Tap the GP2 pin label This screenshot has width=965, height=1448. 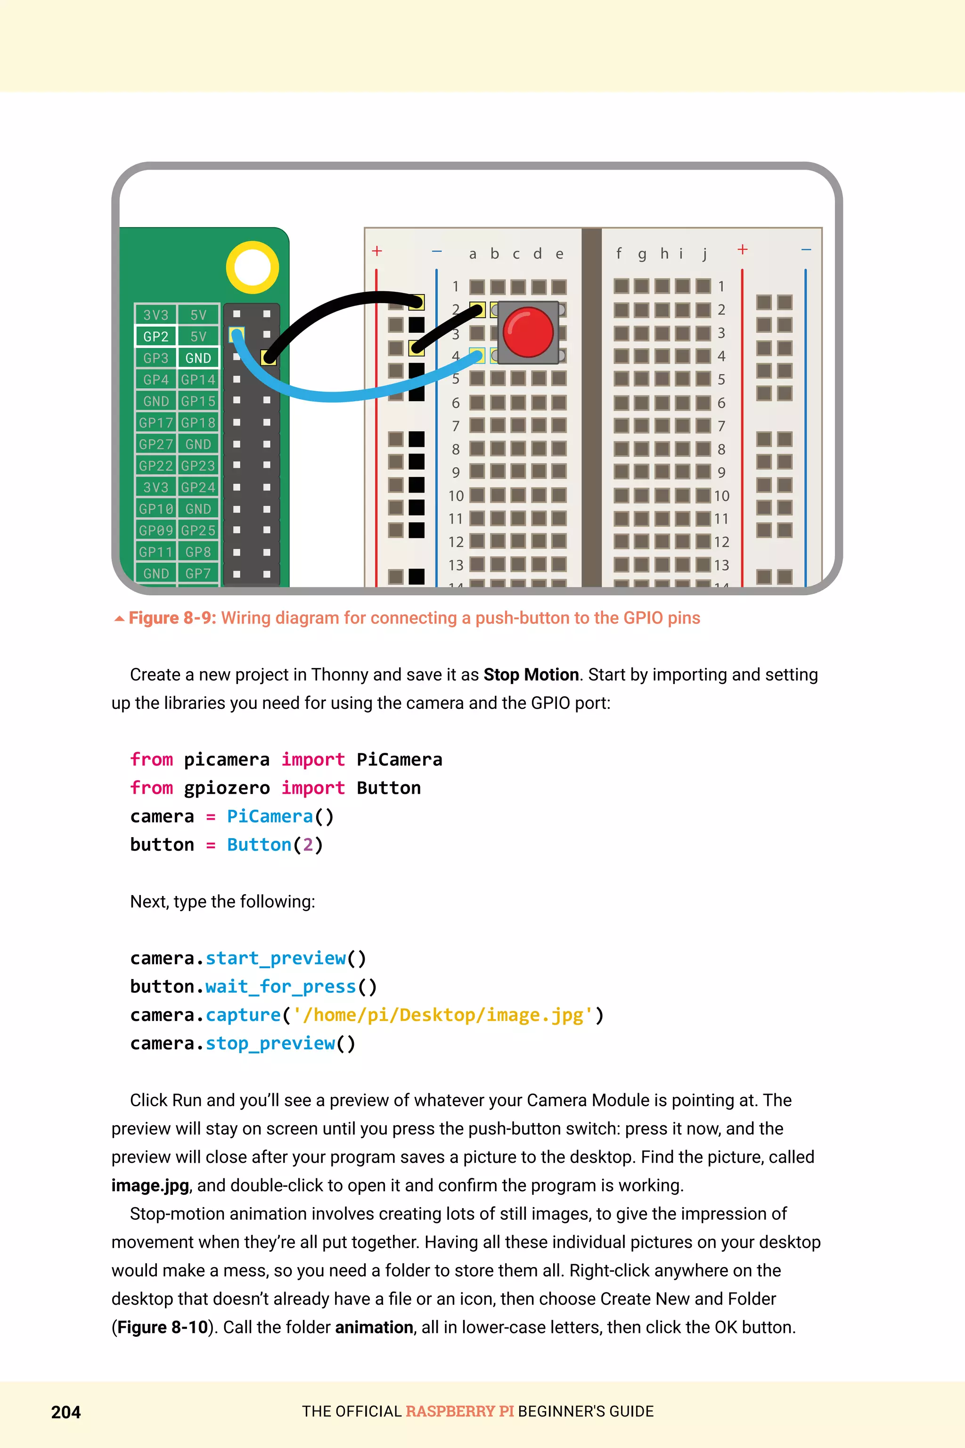155,336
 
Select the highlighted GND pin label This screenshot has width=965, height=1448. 198,358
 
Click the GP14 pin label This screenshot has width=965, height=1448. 198,379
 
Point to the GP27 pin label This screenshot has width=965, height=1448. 155,444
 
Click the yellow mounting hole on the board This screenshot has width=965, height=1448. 253,267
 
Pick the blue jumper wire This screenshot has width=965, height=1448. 344,392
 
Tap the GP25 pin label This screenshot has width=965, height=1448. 198,530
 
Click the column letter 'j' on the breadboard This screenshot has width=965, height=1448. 705,253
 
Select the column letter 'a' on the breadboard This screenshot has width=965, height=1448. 472,254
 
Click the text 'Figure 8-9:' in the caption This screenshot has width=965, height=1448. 172,617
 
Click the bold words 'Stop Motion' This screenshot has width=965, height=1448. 531,675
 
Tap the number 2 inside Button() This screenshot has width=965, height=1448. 308,845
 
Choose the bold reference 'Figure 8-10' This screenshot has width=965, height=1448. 163,1327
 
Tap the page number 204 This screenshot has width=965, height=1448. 66,1412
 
